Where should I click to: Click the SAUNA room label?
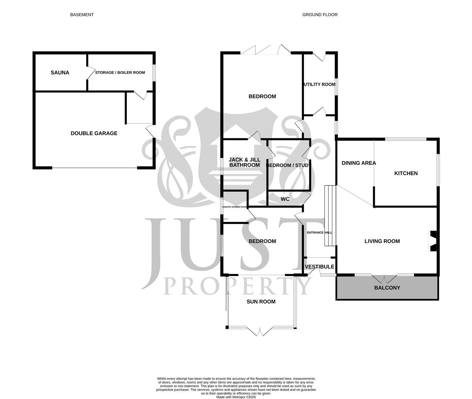pyautogui.click(x=60, y=73)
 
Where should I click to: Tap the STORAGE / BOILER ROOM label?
pyautogui.click(x=120, y=73)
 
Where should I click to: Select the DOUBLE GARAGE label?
pyautogui.click(x=94, y=133)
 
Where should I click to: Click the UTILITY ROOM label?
pyautogui.click(x=320, y=84)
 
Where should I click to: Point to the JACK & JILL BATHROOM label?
pyautogui.click(x=244, y=163)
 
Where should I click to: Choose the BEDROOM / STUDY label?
pyautogui.click(x=289, y=166)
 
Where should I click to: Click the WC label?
pyautogui.click(x=285, y=199)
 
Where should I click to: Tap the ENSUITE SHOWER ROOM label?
pyautogui.click(x=235, y=207)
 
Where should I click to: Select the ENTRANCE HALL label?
pyautogui.click(x=320, y=233)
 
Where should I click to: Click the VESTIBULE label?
pyautogui.click(x=320, y=267)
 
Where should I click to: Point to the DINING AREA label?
pyautogui.click(x=359, y=163)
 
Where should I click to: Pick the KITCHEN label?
pyautogui.click(x=406, y=173)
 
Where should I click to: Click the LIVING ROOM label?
pyautogui.click(x=382, y=241)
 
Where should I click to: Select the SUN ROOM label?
pyautogui.click(x=261, y=301)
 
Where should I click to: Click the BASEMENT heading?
pyautogui.click(x=82, y=15)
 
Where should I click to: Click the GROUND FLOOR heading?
pyautogui.click(x=320, y=15)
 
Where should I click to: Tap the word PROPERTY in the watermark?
pyautogui.click(x=237, y=286)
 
